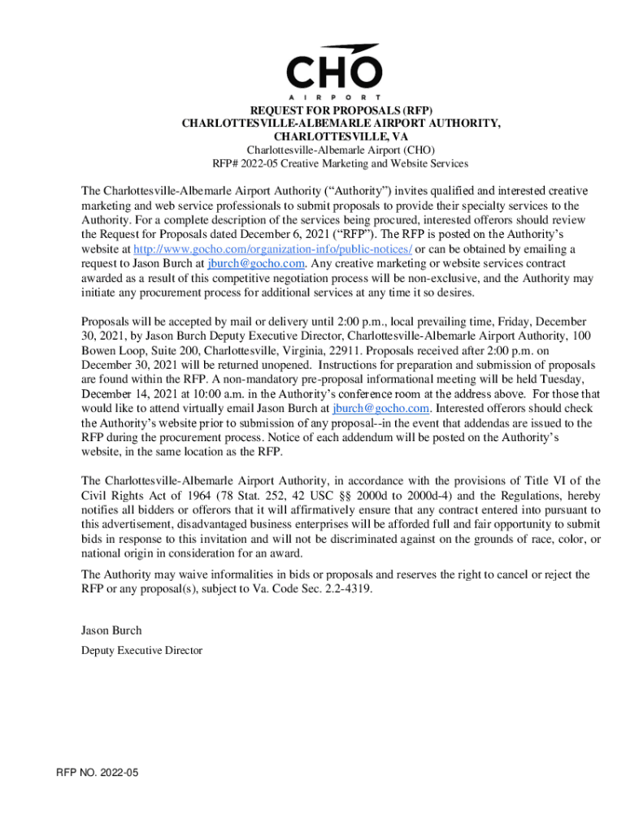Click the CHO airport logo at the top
tap(333, 71)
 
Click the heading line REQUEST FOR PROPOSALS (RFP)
tap(341, 110)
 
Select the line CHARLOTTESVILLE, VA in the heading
tap(341, 136)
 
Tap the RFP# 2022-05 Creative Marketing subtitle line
tap(341, 163)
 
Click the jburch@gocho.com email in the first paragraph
tap(256, 263)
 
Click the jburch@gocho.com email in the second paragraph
tap(382, 409)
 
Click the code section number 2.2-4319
tap(346, 589)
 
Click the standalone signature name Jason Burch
tap(111, 630)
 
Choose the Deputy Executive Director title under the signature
tap(141, 650)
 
